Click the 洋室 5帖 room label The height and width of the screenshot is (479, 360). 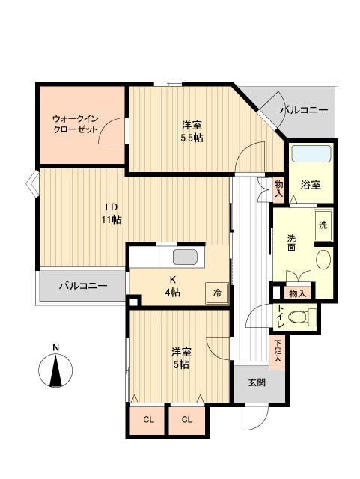pyautogui.click(x=179, y=356)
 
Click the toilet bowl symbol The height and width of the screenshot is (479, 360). pyautogui.click(x=302, y=317)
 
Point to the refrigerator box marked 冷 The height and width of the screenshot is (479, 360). pyautogui.click(x=217, y=293)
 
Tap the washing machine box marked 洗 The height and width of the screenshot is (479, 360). pyautogui.click(x=323, y=225)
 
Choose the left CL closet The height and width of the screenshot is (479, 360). pyautogui.click(x=148, y=420)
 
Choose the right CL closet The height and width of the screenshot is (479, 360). pyautogui.click(x=187, y=420)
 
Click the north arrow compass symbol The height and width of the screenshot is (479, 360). pyautogui.click(x=55, y=371)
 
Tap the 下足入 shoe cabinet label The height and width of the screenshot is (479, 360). pyautogui.click(x=278, y=350)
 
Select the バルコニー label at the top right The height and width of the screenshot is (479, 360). pyautogui.click(x=303, y=110)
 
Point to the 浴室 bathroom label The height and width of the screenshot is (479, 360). pyautogui.click(x=311, y=183)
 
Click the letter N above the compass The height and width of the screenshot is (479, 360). pyautogui.click(x=55, y=347)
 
